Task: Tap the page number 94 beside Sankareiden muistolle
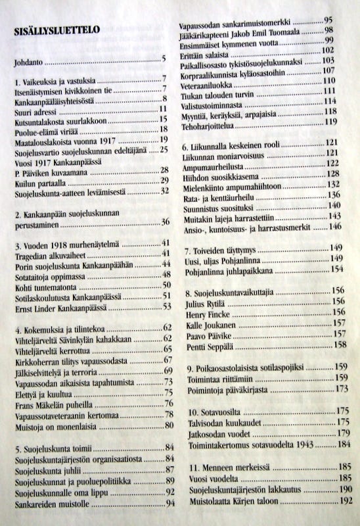click(170, 503)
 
